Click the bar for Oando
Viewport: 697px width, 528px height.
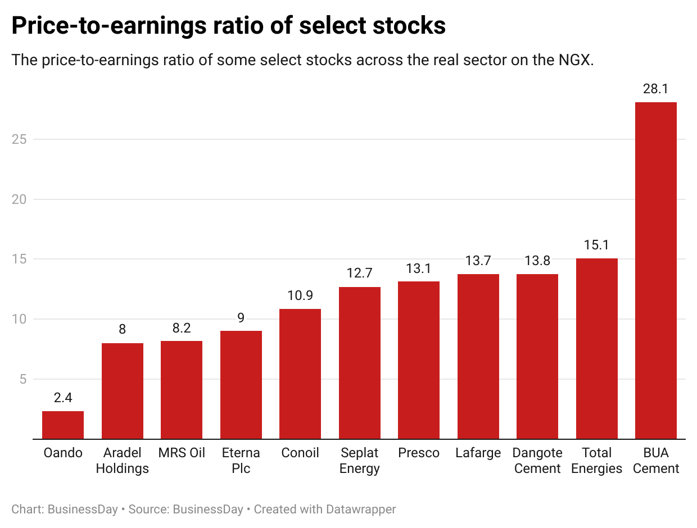click(x=63, y=425)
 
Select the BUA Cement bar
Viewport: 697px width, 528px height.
click(x=655, y=270)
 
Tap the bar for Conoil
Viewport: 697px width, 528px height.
click(x=300, y=374)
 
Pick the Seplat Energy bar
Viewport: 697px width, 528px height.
click(x=359, y=363)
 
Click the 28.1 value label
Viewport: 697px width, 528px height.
click(x=655, y=89)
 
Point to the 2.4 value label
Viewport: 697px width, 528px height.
click(x=63, y=398)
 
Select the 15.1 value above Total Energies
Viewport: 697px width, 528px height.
click(x=596, y=245)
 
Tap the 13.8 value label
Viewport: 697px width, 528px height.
click(x=537, y=261)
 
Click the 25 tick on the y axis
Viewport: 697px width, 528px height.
click(x=19, y=139)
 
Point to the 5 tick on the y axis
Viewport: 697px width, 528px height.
click(x=22, y=379)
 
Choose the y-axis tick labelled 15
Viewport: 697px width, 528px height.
click(x=19, y=259)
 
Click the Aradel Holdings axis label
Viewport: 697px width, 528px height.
click(x=122, y=461)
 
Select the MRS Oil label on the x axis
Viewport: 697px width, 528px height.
click(x=182, y=453)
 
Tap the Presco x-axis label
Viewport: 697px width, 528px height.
click(x=419, y=453)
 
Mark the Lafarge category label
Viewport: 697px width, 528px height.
click(x=478, y=453)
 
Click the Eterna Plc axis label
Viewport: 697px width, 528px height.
click(x=241, y=461)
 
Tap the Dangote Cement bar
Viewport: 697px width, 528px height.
click(x=537, y=356)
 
